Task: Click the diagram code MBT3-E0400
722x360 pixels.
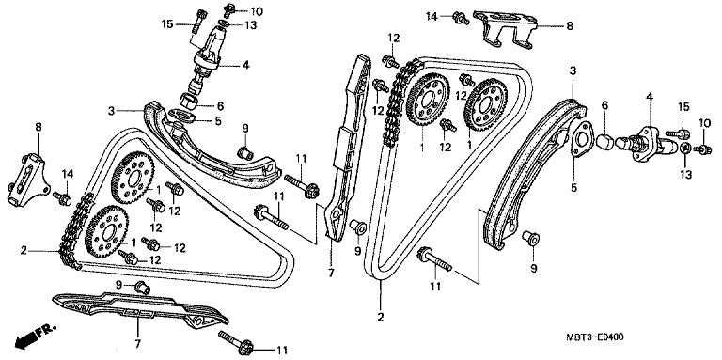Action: tap(595, 337)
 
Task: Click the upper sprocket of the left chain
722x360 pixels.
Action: tap(133, 178)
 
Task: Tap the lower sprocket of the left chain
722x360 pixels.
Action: tap(108, 232)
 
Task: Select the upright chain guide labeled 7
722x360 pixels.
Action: tap(348, 148)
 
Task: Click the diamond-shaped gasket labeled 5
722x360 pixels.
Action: tap(581, 141)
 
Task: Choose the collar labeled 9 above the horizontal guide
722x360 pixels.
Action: tap(143, 288)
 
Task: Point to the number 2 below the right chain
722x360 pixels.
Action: tap(381, 317)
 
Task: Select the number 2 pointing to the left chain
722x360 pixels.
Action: tap(24, 250)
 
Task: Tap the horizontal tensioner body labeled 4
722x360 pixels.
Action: tap(647, 143)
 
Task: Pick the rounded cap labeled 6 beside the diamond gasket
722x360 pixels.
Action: tap(604, 141)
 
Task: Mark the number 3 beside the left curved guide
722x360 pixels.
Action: tap(111, 111)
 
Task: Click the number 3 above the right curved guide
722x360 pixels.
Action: tap(573, 70)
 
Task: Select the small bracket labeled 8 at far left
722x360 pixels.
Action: tap(27, 180)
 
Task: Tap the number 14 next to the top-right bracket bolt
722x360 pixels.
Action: tap(432, 17)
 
